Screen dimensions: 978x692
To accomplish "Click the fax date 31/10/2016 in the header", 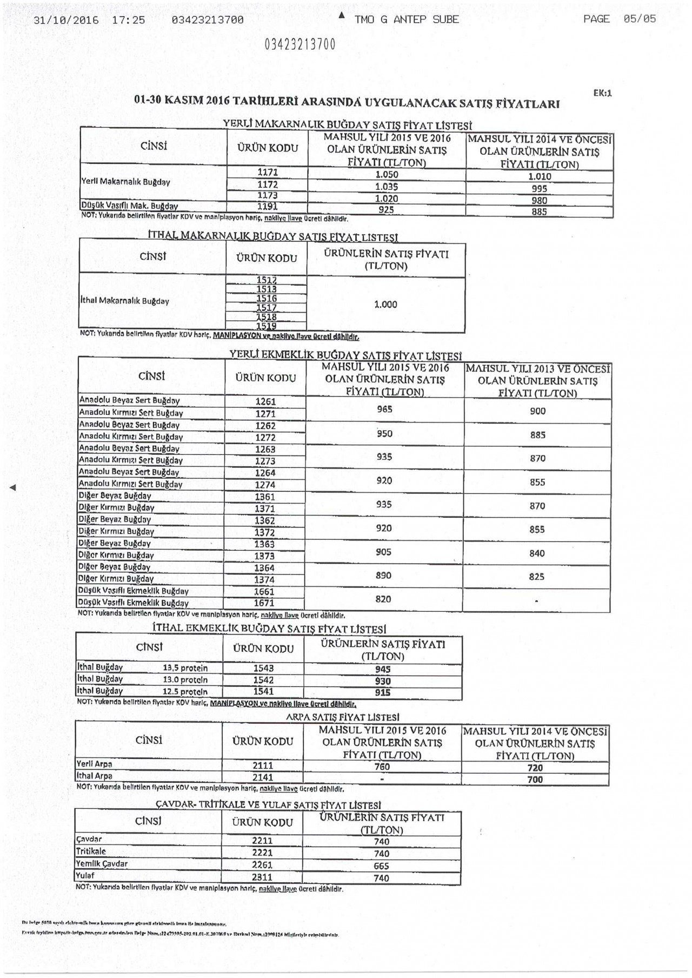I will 66,21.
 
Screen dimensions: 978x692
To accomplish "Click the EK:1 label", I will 602,93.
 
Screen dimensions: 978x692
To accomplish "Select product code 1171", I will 268,173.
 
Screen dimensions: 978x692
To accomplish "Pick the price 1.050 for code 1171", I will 387,175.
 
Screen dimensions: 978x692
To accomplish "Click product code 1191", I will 268,206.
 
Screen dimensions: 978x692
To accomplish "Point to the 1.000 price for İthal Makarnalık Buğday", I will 385,305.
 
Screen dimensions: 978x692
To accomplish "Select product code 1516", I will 267,299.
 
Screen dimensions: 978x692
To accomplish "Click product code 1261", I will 265,402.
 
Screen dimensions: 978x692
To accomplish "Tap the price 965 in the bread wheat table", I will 384,409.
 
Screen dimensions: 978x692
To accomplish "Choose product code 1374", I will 264,580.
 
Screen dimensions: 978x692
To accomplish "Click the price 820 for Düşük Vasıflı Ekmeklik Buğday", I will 383,599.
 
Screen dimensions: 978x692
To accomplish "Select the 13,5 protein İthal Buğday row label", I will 142,668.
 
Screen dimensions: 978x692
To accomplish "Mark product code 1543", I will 263,669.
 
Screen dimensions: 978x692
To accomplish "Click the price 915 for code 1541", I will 383,693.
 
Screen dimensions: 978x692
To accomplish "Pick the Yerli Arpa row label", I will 95,764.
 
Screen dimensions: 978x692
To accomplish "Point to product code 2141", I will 263,777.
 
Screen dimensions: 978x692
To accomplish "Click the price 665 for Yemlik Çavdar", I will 381,866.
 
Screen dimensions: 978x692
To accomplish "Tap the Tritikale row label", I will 91,851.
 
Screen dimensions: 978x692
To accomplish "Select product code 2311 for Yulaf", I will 262,877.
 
